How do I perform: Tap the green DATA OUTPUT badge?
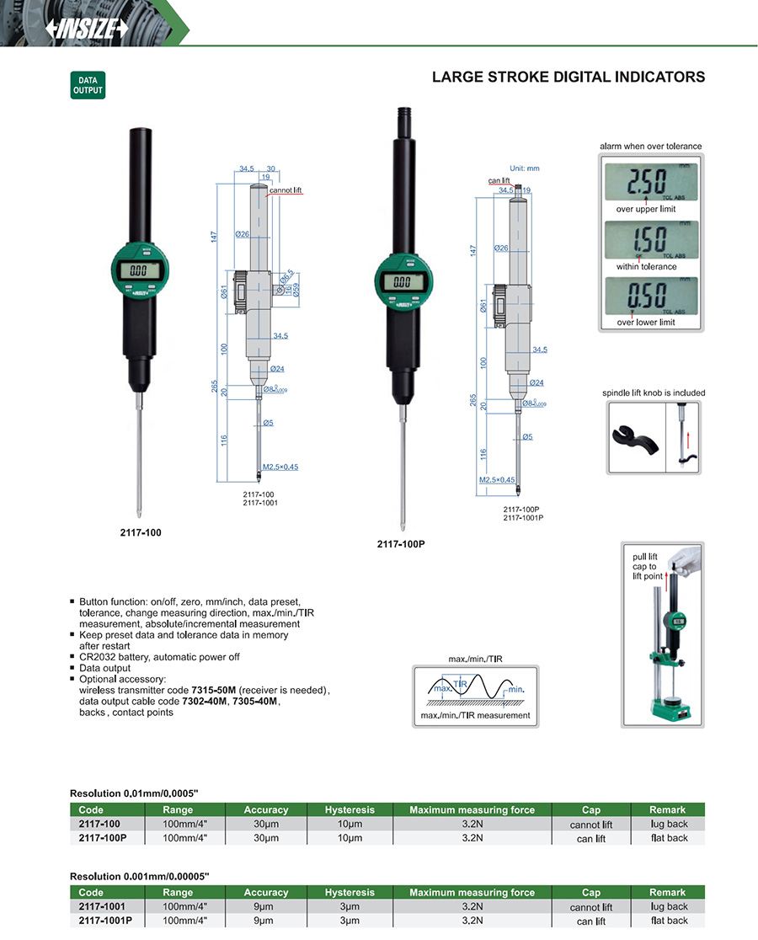(x=88, y=85)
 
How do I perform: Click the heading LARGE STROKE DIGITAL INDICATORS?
(x=568, y=77)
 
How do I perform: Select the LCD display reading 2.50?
(x=649, y=179)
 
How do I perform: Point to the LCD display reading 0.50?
(x=649, y=296)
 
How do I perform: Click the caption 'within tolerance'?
(x=646, y=266)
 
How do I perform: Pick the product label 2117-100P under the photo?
(x=401, y=544)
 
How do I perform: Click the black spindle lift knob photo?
(x=634, y=436)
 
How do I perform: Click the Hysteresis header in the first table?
(x=349, y=809)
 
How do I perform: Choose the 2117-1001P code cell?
(x=105, y=921)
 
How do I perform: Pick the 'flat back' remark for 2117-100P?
(x=669, y=838)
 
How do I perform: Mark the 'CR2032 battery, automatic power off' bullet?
(x=159, y=655)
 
